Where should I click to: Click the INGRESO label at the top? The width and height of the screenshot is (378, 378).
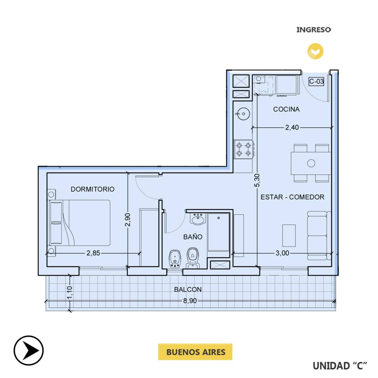click(x=314, y=30)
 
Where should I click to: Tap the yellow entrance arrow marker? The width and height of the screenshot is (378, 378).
click(x=315, y=51)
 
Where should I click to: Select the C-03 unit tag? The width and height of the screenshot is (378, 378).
click(x=316, y=81)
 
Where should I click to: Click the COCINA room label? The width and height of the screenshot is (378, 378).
click(x=286, y=109)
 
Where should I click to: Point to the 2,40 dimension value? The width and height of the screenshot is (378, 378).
click(x=292, y=127)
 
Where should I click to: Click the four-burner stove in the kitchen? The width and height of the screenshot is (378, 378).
click(x=244, y=149)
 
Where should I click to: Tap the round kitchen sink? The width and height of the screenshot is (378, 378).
click(x=243, y=113)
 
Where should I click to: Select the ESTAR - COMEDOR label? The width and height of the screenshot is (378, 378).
click(x=292, y=197)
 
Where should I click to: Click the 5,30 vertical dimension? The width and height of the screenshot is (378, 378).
click(x=257, y=180)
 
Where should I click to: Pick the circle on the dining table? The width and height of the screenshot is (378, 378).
click(x=311, y=163)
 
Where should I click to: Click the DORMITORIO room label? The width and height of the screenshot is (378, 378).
click(x=92, y=189)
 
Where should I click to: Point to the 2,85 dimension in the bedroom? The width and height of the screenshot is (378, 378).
click(x=93, y=253)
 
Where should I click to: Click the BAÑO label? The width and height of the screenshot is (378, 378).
click(x=193, y=237)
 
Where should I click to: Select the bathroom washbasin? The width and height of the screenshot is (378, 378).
click(x=198, y=219)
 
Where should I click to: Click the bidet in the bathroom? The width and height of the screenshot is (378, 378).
click(x=175, y=259)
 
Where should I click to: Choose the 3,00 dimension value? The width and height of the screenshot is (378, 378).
click(x=282, y=253)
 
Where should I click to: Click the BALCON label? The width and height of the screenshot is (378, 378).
click(x=188, y=289)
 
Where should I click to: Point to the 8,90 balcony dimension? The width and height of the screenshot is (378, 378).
click(x=190, y=301)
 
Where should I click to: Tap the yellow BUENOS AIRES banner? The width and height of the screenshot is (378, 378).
click(x=195, y=352)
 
